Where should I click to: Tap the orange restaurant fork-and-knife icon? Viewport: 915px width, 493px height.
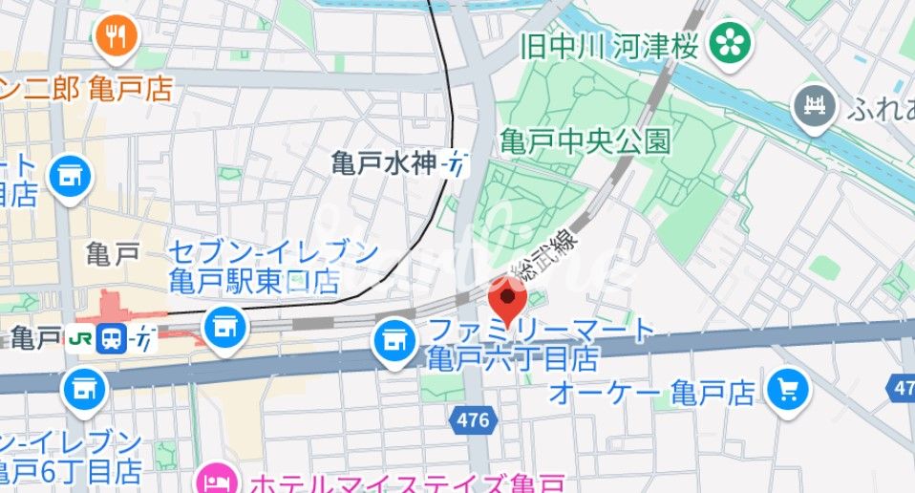point(117,36)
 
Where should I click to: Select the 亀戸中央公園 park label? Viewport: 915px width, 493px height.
point(585,143)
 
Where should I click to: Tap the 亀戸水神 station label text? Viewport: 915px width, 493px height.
point(383,163)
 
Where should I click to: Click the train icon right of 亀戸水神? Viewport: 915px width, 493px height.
point(457,164)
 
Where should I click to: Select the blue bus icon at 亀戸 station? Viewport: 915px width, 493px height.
point(112,338)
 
